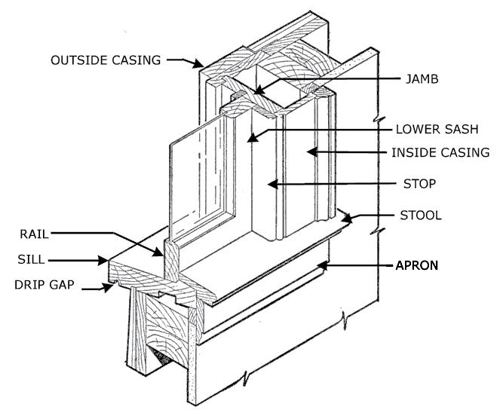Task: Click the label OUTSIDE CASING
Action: click(105, 60)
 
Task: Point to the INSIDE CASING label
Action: click(440, 152)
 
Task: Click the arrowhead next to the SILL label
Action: click(106, 261)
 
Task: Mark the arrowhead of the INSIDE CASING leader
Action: click(310, 152)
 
